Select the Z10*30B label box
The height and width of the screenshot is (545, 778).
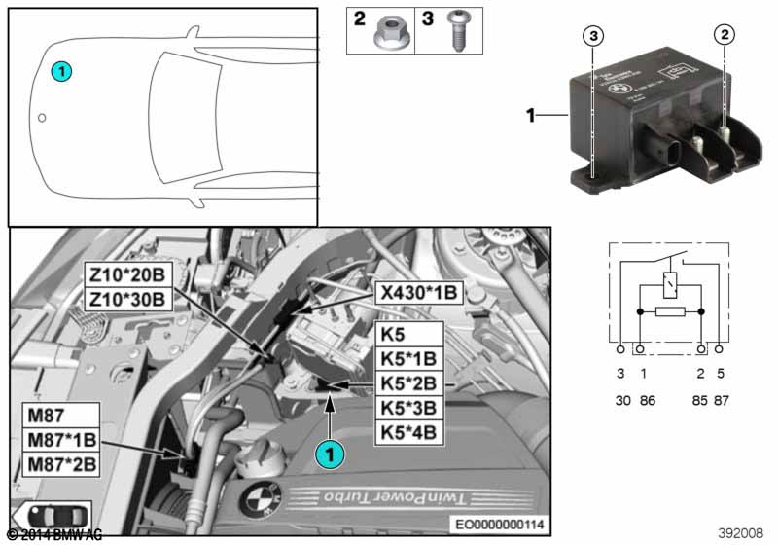(x=128, y=298)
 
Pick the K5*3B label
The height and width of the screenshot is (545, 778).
(x=408, y=408)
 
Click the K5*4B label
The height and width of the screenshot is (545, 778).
(x=408, y=432)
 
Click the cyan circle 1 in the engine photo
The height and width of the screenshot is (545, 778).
(x=332, y=452)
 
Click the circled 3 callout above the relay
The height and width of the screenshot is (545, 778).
(x=594, y=37)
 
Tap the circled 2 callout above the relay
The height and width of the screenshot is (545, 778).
(x=724, y=37)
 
